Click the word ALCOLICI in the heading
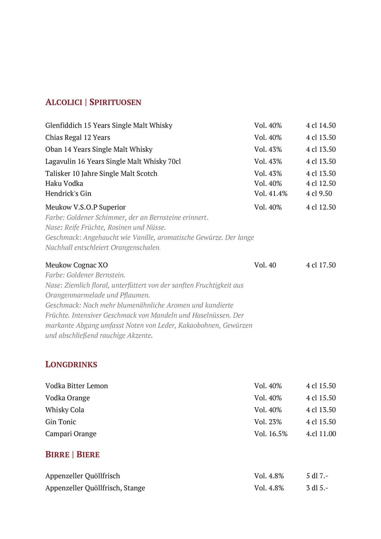click(x=64, y=102)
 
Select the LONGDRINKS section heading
click(x=71, y=364)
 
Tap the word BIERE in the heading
click(x=88, y=454)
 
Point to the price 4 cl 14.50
click(x=321, y=125)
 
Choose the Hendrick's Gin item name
click(x=68, y=193)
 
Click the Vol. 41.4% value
click(x=271, y=193)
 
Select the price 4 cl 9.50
click(x=319, y=193)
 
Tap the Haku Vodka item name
click(x=64, y=183)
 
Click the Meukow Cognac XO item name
click(x=76, y=265)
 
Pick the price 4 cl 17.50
click(x=321, y=265)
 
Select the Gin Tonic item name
click(x=60, y=422)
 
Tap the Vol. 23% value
click(x=268, y=422)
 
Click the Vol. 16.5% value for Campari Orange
click(x=271, y=434)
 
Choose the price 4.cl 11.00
click(x=321, y=434)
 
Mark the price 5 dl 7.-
click(x=317, y=476)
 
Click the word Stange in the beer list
click(x=134, y=488)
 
